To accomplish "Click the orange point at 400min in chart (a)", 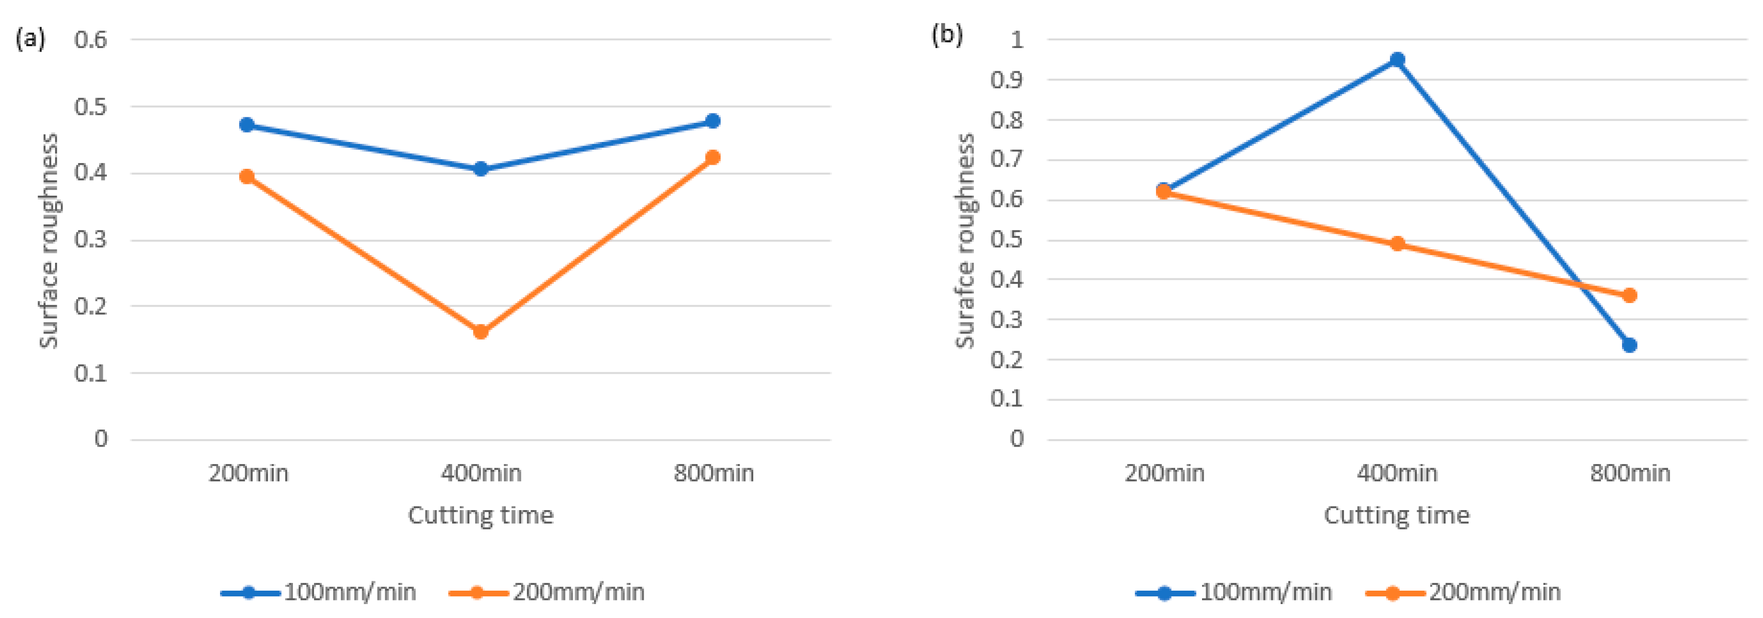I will [x=480, y=332].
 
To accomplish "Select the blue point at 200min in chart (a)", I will [x=247, y=124].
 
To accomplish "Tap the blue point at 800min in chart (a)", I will [x=712, y=121].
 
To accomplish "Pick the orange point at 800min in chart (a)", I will [x=712, y=157].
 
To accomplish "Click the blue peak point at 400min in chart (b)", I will [x=1397, y=59].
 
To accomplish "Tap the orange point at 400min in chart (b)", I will [x=1397, y=244].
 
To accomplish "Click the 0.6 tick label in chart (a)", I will [x=91, y=40].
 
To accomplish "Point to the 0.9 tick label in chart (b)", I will [x=1007, y=80].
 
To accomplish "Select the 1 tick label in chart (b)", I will [x=1017, y=40].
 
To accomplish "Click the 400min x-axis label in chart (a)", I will [x=481, y=473].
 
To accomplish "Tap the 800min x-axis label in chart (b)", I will [x=1630, y=473].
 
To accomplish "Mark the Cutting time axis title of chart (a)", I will [x=480, y=515].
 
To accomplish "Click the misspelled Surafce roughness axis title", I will [x=964, y=241].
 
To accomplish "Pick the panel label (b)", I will [x=947, y=34].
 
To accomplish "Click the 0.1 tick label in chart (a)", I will [x=91, y=373].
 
